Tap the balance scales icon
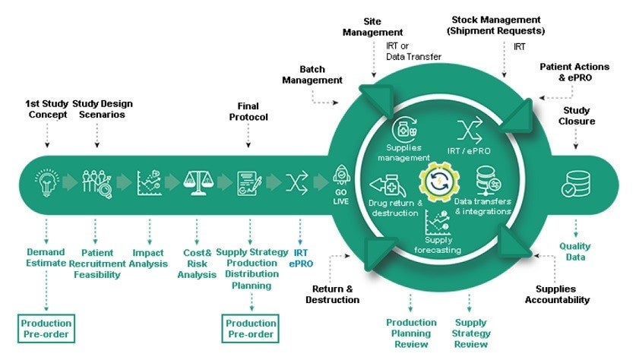195,183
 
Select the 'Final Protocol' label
247,113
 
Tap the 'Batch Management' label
312,74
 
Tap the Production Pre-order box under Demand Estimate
46,328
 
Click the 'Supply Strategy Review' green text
471,333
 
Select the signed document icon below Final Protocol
248,183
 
